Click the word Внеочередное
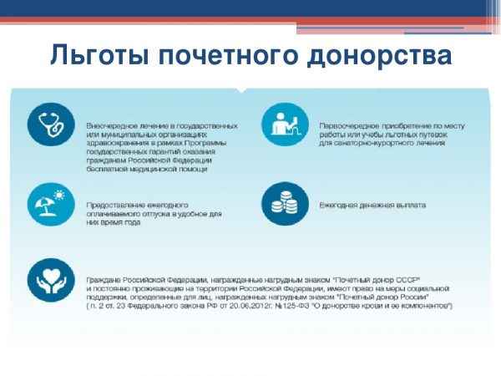[112, 124]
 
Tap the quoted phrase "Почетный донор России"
[385, 297]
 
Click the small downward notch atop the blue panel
[240, 90]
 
